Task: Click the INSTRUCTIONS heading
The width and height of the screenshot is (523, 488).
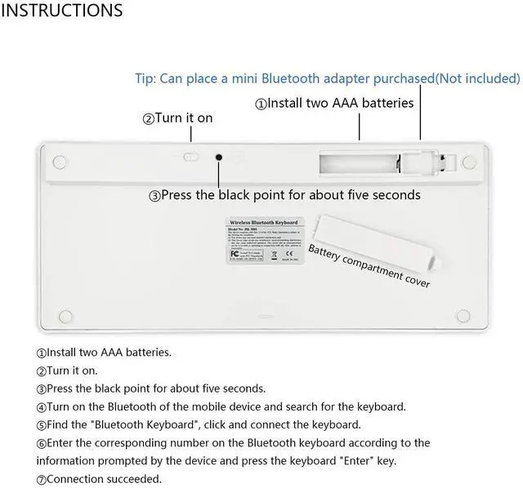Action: coord(62,11)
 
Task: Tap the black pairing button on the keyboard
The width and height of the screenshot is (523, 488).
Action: coord(218,157)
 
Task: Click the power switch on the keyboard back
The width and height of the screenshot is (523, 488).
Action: coord(190,156)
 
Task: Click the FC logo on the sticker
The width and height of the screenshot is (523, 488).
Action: coord(235,253)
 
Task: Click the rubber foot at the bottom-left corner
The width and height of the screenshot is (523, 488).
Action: coord(69,314)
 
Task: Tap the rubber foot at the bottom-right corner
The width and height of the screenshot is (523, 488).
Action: coord(463,314)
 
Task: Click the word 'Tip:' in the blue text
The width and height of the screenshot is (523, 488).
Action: coord(145,79)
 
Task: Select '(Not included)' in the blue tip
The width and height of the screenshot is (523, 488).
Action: coord(477,79)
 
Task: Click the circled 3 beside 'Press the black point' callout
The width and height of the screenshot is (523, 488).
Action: coord(154,196)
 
